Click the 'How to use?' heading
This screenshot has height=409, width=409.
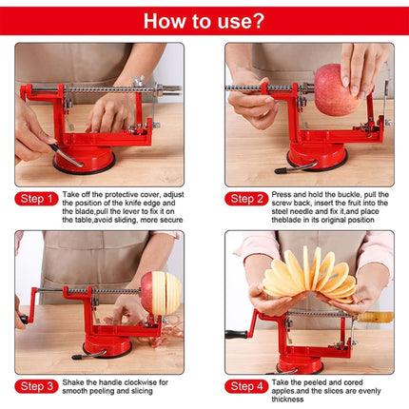pyautogui.click(x=204, y=20)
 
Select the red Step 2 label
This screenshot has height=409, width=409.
pyautogui.click(x=247, y=199)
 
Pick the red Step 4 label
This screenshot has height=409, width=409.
pyautogui.click(x=247, y=386)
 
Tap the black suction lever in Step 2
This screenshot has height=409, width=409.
pyautogui.click(x=285, y=168)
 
